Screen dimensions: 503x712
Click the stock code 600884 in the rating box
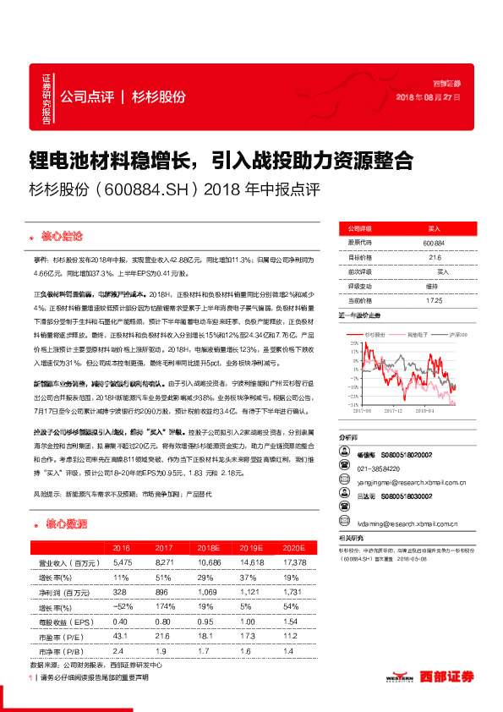pyautogui.click(x=433, y=243)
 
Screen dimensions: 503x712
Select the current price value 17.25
pyautogui.click(x=433, y=300)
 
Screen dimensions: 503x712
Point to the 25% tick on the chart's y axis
pyautogui.click(x=345, y=346)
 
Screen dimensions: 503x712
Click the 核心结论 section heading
pyautogui.click(x=63, y=234)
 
